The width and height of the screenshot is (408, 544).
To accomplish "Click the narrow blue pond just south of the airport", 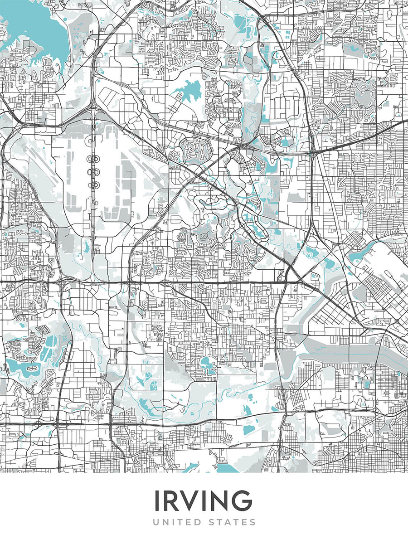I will click(x=86, y=248).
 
